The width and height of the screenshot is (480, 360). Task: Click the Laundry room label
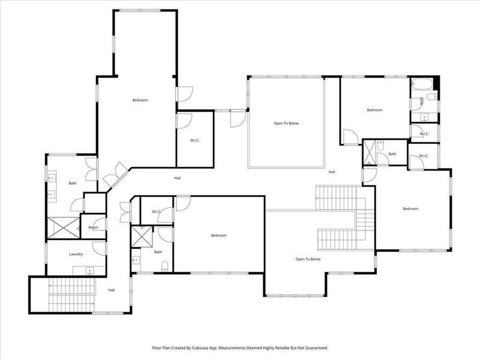(76, 254)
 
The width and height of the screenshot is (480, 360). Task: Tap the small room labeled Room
(93, 227)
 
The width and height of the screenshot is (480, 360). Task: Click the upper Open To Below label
(286, 124)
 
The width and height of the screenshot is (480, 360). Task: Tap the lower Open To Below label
(308, 259)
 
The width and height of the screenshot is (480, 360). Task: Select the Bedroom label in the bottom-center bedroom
(219, 235)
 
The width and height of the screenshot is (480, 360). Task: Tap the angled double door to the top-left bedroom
(114, 175)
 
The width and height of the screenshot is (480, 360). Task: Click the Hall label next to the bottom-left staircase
(112, 290)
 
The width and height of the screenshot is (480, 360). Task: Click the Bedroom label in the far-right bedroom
(410, 209)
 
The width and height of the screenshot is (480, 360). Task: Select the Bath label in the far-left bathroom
(73, 184)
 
